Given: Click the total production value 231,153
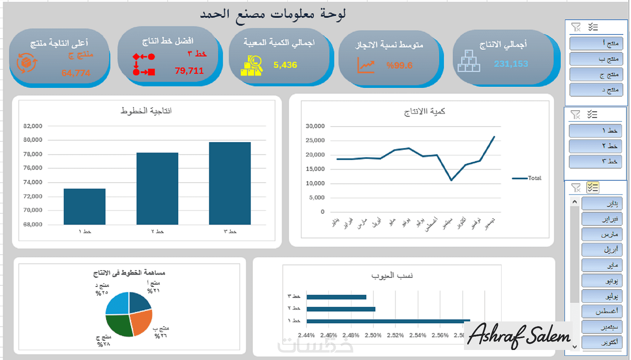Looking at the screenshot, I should pyautogui.click(x=511, y=64).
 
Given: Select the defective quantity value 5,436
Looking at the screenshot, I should pyautogui.click(x=285, y=65).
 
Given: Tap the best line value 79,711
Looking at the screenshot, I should pyautogui.click(x=189, y=71).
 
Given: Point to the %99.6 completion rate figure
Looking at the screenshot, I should pyautogui.click(x=399, y=66).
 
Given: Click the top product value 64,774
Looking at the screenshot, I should pyautogui.click(x=76, y=73).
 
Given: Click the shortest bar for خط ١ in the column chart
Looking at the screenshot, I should pyautogui.click(x=85, y=206).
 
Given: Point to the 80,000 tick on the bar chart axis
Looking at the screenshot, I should pyautogui.click(x=33, y=140).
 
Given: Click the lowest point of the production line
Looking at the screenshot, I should pyautogui.click(x=451, y=180).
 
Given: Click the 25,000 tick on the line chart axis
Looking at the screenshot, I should pyautogui.click(x=315, y=140).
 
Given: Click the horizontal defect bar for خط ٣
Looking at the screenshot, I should pyautogui.click(x=336, y=297).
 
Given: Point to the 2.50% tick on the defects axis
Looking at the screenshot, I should pyautogui.click(x=373, y=335).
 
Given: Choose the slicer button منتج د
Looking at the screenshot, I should pyautogui.click(x=596, y=90).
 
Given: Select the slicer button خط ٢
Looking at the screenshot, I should pyautogui.click(x=595, y=146).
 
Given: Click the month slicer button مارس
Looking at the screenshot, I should pyautogui.click(x=601, y=235).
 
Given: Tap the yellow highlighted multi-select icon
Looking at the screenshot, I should pyautogui.click(x=592, y=188).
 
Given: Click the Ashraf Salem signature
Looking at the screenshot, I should pyautogui.click(x=519, y=336).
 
